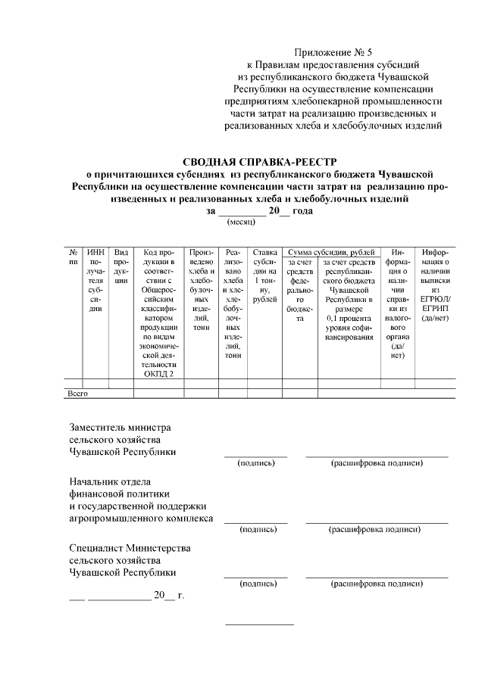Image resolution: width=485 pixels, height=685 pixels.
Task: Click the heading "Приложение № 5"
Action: (333, 52)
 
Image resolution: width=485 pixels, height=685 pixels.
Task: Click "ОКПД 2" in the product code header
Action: (159, 373)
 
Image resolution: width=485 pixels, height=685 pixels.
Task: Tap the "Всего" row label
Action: (79, 394)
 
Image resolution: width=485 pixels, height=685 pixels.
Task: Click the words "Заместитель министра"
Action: (120, 427)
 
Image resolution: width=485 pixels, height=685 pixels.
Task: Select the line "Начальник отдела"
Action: (111, 481)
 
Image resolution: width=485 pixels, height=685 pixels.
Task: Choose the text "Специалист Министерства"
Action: (130, 547)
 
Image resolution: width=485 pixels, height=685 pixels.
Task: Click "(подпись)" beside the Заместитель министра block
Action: (256, 462)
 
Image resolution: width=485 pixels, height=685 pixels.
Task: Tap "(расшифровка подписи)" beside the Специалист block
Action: (376, 584)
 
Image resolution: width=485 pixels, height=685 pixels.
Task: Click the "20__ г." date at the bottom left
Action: (168, 595)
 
